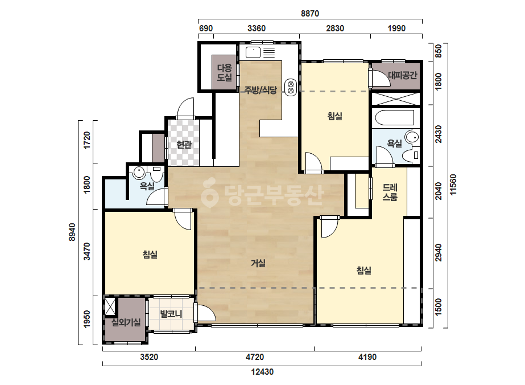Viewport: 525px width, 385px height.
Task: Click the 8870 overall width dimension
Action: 309,14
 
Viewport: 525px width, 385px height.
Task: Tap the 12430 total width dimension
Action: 262,372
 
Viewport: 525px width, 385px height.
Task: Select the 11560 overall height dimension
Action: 453,185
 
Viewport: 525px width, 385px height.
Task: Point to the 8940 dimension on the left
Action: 72,232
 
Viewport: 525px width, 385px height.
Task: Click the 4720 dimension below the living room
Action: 255,357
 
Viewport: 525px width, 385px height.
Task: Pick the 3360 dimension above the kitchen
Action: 257,28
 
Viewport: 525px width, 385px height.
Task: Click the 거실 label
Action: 258,263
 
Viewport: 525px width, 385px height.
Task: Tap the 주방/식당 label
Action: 261,90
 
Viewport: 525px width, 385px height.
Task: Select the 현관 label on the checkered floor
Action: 184,145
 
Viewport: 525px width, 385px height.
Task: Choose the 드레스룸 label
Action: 390,192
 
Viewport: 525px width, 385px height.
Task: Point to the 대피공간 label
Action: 403,75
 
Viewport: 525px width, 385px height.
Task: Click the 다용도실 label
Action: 224,73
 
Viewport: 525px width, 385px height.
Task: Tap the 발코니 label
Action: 171,314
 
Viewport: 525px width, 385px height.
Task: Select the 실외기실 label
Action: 126,322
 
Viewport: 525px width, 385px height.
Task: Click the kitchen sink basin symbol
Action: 253,52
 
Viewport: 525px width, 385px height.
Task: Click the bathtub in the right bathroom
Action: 395,118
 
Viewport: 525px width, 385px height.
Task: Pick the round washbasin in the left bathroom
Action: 139,173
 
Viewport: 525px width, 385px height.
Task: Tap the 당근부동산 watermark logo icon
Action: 209,192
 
